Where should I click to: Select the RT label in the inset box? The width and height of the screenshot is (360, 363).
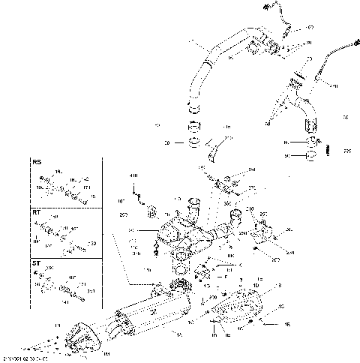pos(36,213)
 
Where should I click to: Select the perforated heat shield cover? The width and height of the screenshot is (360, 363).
pos(238,307)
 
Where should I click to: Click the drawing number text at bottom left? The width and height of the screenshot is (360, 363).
pos(25,359)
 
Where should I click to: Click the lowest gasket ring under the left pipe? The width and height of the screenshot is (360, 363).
pos(193,141)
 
